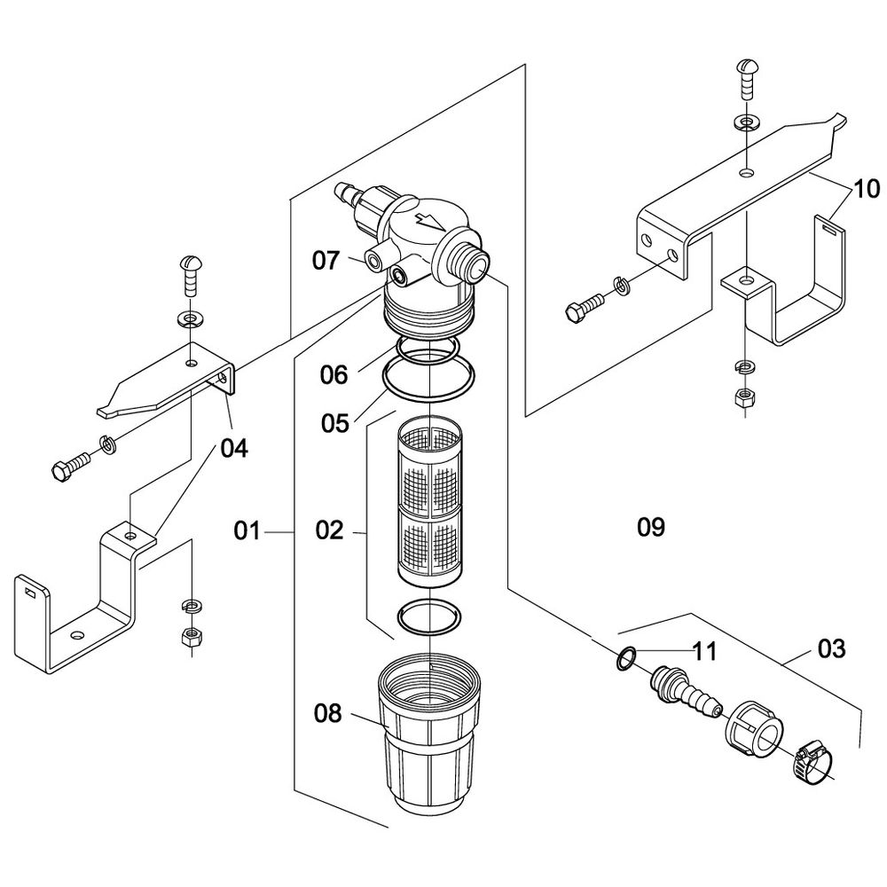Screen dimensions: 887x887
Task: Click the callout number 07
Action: [326, 261]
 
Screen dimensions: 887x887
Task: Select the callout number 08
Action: [328, 714]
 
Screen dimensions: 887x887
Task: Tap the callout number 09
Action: [651, 527]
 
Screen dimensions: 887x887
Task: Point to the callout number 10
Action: [866, 189]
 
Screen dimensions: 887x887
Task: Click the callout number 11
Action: [705, 652]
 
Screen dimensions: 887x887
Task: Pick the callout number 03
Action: [832, 649]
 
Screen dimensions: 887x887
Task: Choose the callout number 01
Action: [247, 531]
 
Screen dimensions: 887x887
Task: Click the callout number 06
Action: [334, 374]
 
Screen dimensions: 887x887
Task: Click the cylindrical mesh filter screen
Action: [430, 506]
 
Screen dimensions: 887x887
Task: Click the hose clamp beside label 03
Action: [812, 763]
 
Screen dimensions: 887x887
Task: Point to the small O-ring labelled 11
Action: [625, 658]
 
